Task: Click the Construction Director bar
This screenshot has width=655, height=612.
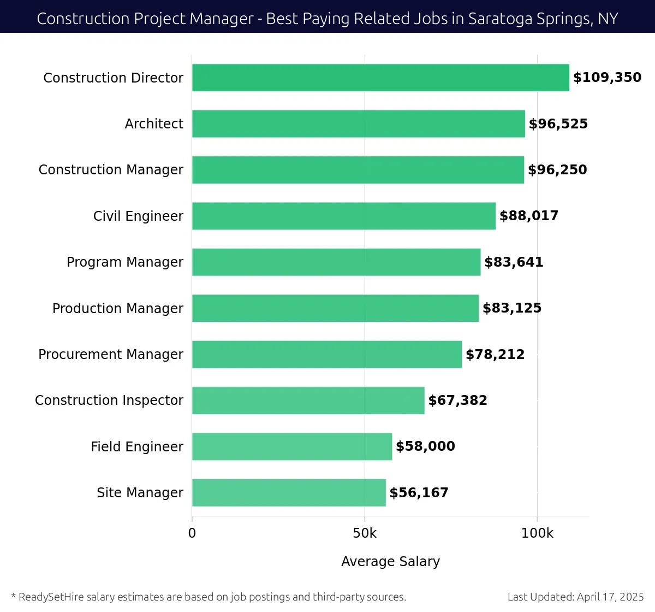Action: click(380, 78)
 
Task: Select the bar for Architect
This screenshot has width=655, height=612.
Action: click(358, 124)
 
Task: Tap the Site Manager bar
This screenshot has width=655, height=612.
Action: click(289, 493)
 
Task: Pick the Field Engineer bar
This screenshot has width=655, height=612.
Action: click(292, 446)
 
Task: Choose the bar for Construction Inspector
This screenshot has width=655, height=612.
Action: click(308, 401)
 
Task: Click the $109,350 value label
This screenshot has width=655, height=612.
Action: click(607, 78)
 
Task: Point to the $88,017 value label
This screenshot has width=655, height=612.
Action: click(529, 216)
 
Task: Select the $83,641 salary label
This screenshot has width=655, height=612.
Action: click(514, 262)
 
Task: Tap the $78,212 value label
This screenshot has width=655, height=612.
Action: click(495, 355)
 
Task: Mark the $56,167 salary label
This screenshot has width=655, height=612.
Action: click(419, 493)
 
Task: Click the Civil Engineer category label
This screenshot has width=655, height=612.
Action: click(138, 216)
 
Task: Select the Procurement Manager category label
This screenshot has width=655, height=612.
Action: click(111, 355)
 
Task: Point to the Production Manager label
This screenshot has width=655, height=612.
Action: click(118, 309)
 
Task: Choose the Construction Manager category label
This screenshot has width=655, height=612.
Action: click(111, 170)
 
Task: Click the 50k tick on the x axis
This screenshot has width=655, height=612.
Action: click(365, 533)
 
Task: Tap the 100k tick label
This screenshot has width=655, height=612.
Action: click(537, 533)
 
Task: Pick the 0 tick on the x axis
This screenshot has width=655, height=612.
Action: click(192, 533)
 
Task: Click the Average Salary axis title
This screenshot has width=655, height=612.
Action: click(390, 562)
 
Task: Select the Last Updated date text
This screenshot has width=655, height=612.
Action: click(575, 597)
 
